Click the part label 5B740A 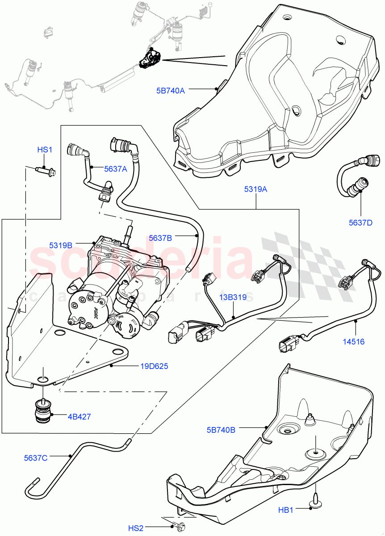170,90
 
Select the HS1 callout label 45,150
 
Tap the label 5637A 116,169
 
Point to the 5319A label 256,189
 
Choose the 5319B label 61,245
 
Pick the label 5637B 160,239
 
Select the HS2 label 136,528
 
